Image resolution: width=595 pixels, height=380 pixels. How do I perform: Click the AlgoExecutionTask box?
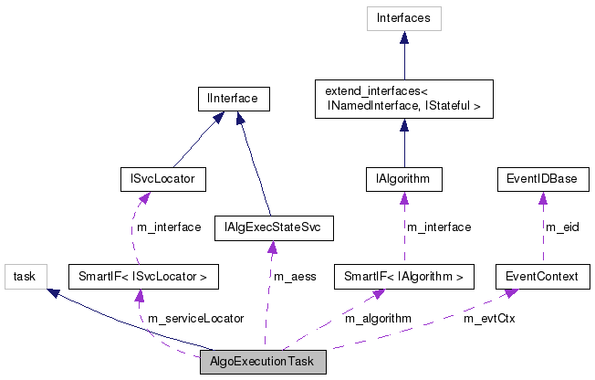pyautogui.click(x=262, y=362)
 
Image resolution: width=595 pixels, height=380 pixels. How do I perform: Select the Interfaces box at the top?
pyautogui.click(x=404, y=17)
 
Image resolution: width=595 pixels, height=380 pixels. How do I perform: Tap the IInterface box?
pyautogui.click(x=234, y=98)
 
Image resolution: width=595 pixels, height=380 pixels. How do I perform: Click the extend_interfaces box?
pyautogui.click(x=403, y=99)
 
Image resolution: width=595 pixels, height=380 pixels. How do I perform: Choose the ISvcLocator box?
pyautogui.click(x=163, y=178)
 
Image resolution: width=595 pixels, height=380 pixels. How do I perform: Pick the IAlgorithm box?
pyautogui.click(x=403, y=178)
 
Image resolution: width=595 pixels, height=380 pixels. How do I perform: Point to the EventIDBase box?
pyautogui.click(x=542, y=178)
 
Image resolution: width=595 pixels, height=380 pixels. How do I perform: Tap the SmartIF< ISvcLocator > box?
pyautogui.click(x=143, y=275)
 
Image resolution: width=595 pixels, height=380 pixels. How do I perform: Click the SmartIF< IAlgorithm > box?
pyautogui.click(x=403, y=275)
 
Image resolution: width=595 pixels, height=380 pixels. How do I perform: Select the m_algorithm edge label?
pyautogui.click(x=378, y=319)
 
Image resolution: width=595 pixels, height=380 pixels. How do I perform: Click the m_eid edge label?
pyautogui.click(x=562, y=227)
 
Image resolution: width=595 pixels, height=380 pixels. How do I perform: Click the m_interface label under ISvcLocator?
pyautogui.click(x=168, y=227)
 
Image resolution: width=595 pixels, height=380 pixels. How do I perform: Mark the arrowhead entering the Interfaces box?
pyautogui.click(x=404, y=36)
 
